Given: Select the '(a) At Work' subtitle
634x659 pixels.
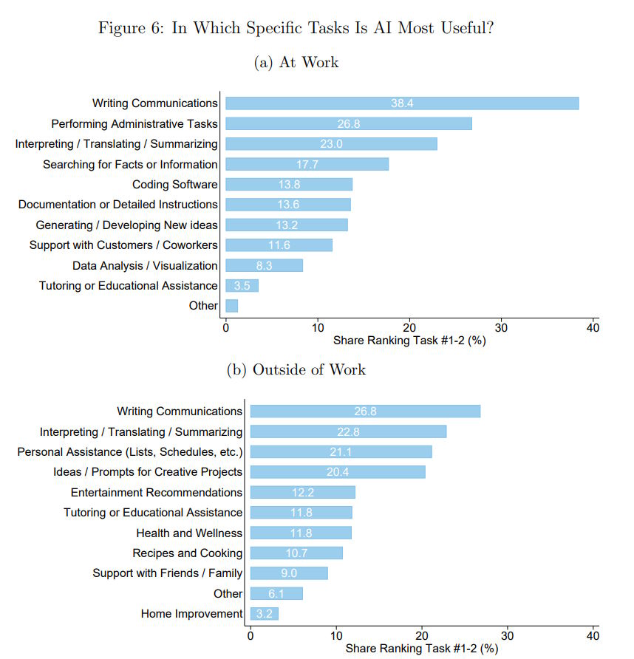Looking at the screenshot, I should tap(296, 63).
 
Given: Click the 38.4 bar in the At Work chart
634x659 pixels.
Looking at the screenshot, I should tap(401, 103).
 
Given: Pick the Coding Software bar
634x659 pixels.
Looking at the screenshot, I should tap(288, 185).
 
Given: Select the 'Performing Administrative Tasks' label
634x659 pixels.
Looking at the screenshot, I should tap(134, 124).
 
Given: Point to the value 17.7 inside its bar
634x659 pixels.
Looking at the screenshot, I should tap(307, 165).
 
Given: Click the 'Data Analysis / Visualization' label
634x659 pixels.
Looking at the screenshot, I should tap(145, 265).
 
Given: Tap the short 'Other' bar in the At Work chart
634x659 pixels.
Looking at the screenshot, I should tap(231, 306).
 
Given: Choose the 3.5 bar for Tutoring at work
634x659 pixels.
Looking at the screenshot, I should tap(242, 286).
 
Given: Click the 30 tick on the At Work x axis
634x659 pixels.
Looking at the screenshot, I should tap(502, 328).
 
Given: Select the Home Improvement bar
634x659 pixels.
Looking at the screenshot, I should tap(264, 614).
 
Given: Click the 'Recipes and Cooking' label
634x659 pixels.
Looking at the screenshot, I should tap(187, 553).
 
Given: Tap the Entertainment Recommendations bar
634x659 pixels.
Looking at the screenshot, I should tap(302, 492).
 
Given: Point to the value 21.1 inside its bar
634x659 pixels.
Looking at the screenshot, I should tap(341, 452).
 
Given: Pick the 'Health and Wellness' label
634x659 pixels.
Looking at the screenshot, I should tap(189, 533).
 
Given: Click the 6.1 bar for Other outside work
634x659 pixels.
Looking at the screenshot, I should tap(276, 593).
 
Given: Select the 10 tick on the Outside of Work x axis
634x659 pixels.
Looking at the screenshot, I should tap(336, 635).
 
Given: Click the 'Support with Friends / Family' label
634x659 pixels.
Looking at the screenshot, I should tap(167, 573).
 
